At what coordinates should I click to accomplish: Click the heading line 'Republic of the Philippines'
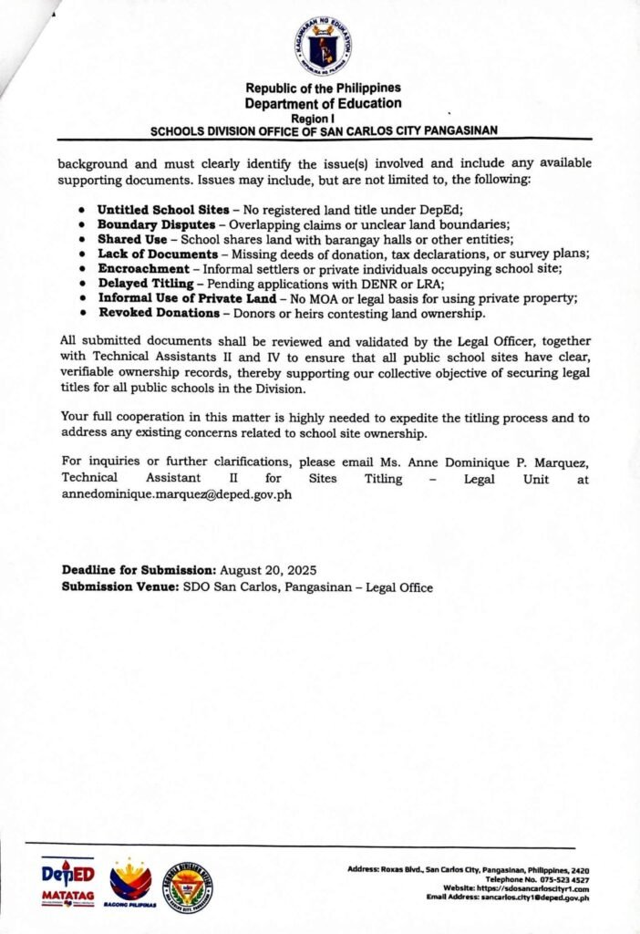324,88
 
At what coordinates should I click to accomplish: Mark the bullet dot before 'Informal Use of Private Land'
83,298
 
